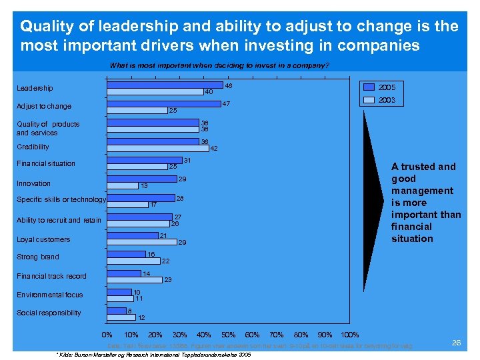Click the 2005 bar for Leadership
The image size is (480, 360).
pyautogui.click(x=165, y=85)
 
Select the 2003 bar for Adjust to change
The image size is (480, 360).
pyautogui.click(x=137, y=109)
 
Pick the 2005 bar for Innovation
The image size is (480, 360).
pyautogui.click(x=142, y=179)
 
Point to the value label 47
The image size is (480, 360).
pyautogui.click(x=226, y=104)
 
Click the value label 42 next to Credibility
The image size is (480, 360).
pyautogui.click(x=214, y=149)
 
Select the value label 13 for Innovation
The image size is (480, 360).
pyautogui.click(x=143, y=186)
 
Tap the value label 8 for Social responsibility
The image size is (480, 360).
pyautogui.click(x=129, y=310)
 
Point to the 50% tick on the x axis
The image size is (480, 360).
pyautogui.click(x=229, y=335)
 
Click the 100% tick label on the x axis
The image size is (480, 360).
pyautogui.click(x=349, y=335)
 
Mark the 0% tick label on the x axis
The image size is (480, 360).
pyautogui.click(x=107, y=335)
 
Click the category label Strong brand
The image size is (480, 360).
pyautogui.click(x=37, y=257)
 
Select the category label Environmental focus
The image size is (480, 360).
pyautogui.click(x=50, y=295)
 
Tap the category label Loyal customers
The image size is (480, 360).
pyautogui.click(x=43, y=239)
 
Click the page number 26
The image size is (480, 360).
pyautogui.click(x=457, y=342)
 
